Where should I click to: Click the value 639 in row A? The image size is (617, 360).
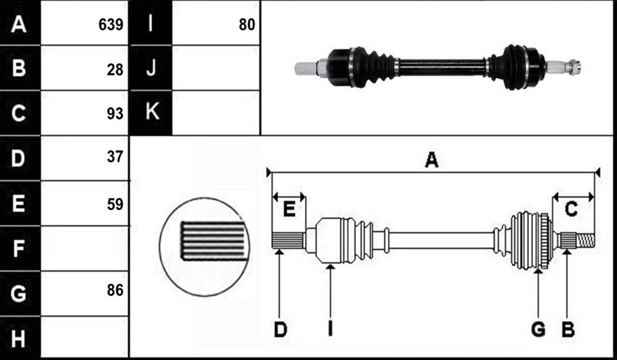(x=111, y=25)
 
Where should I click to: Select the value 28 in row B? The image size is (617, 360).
(x=115, y=70)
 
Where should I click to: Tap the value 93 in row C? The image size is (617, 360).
(x=115, y=114)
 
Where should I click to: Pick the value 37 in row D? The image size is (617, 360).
(x=115, y=157)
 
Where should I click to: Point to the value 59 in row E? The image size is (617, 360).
(x=115, y=204)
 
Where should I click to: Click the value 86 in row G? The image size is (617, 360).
(x=115, y=290)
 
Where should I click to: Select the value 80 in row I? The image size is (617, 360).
(x=247, y=25)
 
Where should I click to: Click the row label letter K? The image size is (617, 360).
(x=152, y=111)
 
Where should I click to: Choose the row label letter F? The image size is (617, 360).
(x=18, y=248)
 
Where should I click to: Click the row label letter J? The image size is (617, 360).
(x=151, y=68)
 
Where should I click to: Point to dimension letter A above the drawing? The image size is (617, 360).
(x=432, y=160)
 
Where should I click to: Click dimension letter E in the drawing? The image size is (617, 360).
(x=289, y=209)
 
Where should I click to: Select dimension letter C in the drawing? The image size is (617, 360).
(x=571, y=209)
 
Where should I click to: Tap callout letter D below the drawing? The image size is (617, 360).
(x=280, y=329)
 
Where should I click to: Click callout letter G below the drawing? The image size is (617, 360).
(x=538, y=329)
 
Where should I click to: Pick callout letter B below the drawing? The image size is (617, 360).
(x=568, y=329)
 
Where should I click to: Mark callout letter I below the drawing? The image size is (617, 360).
(x=330, y=329)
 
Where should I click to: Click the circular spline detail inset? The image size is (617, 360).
(x=204, y=247)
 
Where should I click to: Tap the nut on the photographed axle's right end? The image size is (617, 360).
(x=574, y=67)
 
